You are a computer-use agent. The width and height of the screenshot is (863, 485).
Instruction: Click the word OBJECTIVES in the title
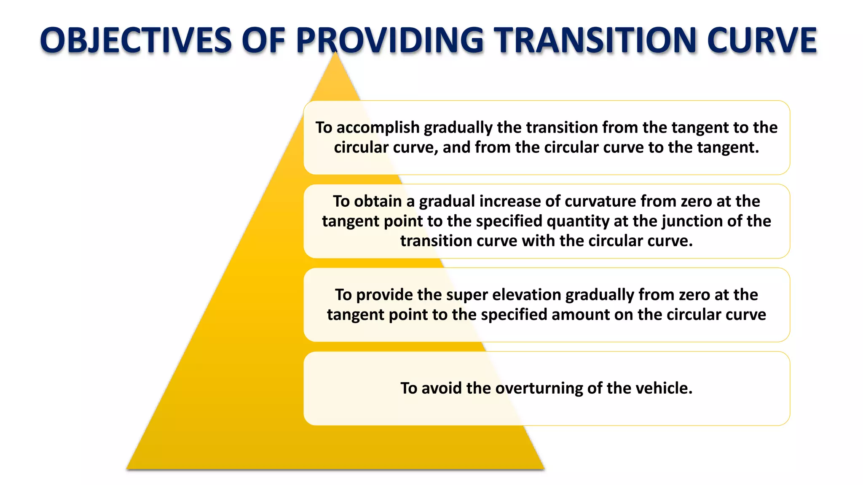pyautogui.click(x=136, y=40)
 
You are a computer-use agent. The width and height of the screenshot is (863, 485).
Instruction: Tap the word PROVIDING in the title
pyautogui.click(x=390, y=40)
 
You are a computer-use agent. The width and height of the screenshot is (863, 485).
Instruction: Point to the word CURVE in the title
pyautogui.click(x=762, y=40)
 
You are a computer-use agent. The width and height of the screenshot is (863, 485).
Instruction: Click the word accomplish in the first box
pyautogui.click(x=378, y=128)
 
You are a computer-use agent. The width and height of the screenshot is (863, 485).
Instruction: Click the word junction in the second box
pyautogui.click(x=692, y=221)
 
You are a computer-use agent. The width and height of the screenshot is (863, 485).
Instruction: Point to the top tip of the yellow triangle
pyautogui.click(x=335, y=53)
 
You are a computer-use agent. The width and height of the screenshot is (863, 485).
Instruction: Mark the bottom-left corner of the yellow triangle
pyautogui.click(x=128, y=468)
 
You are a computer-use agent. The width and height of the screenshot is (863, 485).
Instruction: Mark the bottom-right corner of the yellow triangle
pyautogui.click(x=544, y=468)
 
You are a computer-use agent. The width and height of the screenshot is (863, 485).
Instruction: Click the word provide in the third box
pyautogui.click(x=384, y=295)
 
